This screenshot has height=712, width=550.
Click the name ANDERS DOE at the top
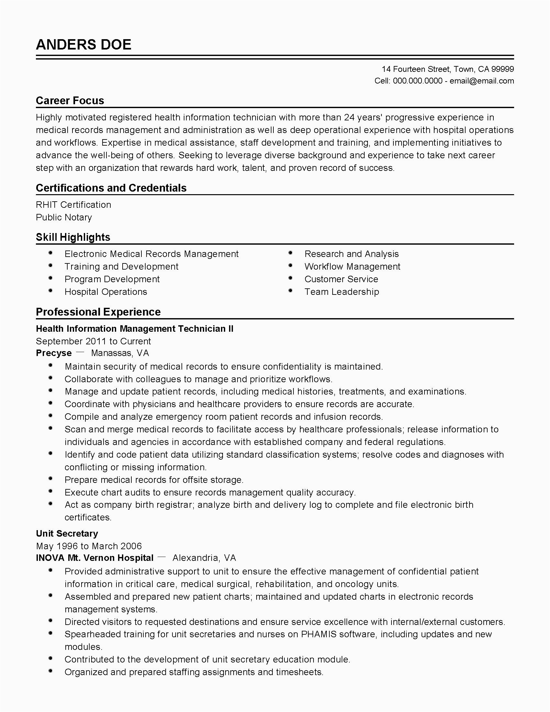(x=83, y=44)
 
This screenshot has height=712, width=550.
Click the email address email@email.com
(x=482, y=81)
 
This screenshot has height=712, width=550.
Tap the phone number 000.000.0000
(x=417, y=81)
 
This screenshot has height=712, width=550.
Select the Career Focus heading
(x=70, y=100)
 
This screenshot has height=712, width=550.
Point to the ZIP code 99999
(x=502, y=69)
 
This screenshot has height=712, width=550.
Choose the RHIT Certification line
(x=73, y=205)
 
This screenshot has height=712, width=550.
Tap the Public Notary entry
(x=64, y=217)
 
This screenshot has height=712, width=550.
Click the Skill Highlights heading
(x=73, y=237)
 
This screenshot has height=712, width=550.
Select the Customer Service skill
(x=341, y=279)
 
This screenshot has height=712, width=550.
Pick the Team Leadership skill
(x=341, y=292)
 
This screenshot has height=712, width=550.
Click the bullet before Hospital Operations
(x=50, y=291)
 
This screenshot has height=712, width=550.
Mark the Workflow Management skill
(x=352, y=267)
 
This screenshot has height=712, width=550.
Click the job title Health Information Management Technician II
(x=135, y=328)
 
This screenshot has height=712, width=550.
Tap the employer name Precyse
(x=54, y=353)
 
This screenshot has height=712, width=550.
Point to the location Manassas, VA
(x=120, y=353)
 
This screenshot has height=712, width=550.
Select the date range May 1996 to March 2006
(x=89, y=546)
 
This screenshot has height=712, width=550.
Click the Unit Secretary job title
(x=67, y=533)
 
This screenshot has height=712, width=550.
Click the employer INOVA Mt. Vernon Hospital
(x=94, y=558)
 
